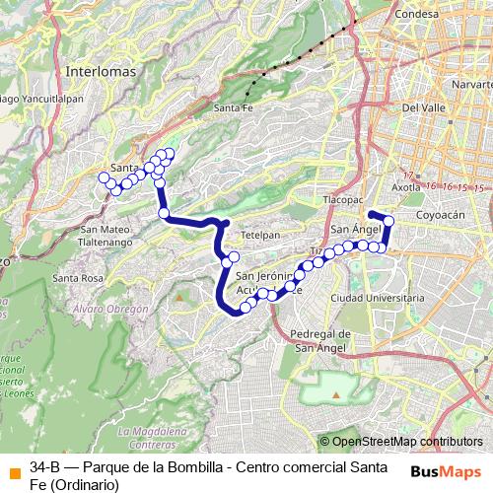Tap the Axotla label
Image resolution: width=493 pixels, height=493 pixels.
click(406, 185)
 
